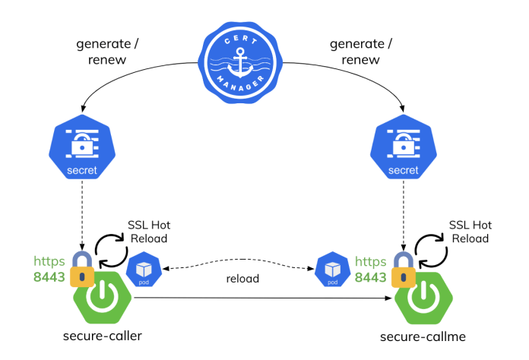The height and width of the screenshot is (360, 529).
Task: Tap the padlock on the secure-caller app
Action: coord(81,267)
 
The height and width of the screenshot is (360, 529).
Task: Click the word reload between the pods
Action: coord(242,279)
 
